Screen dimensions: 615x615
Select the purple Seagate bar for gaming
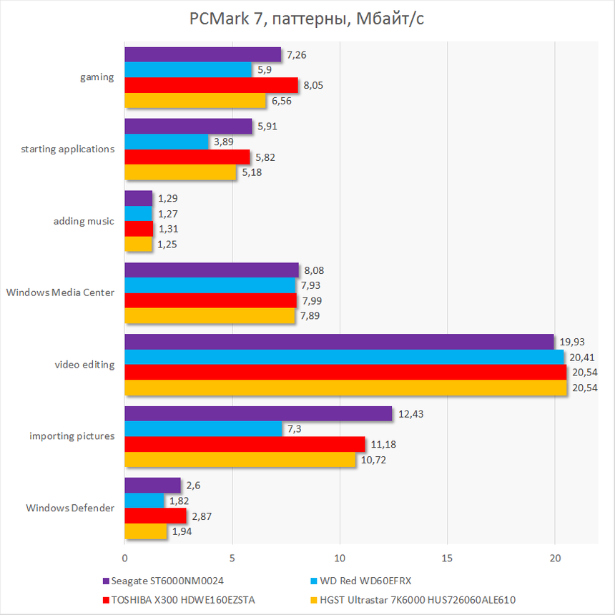[202, 55]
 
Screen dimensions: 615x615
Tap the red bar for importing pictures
[245, 444]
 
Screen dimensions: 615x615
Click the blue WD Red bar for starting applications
[167, 142]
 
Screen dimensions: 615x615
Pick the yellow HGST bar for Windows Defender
[146, 531]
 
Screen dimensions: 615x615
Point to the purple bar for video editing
[339, 342]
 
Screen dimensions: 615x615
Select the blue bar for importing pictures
[203, 429]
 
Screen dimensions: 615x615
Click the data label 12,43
[411, 413]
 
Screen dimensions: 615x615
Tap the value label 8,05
[315, 85]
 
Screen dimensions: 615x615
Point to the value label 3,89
[226, 142]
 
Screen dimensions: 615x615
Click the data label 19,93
[573, 342]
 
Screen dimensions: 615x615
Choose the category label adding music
[84, 221]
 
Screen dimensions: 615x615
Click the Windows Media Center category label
[60, 292]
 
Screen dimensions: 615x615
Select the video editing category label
[84, 365]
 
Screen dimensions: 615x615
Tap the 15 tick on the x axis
[447, 558]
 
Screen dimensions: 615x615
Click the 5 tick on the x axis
[232, 558]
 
